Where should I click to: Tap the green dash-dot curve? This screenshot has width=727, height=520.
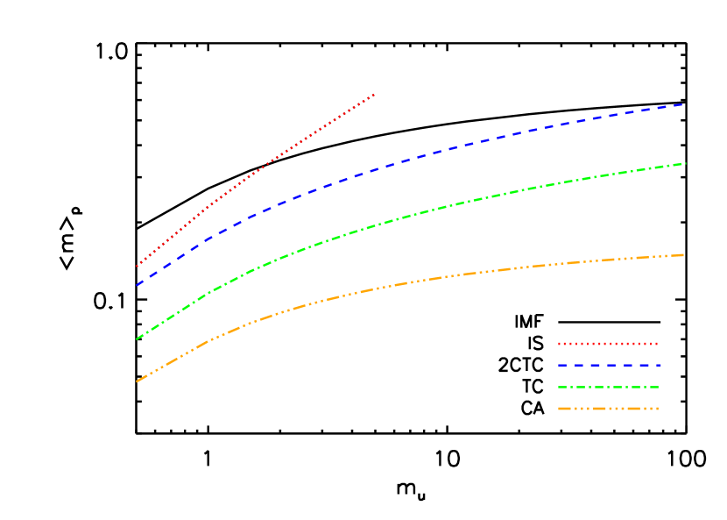click(438, 208)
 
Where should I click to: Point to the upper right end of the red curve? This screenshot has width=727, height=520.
click(374, 94)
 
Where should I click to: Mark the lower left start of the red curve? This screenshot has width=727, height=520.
click(138, 266)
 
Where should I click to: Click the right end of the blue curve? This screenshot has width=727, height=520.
click(683, 104)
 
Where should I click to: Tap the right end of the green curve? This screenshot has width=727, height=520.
click(684, 164)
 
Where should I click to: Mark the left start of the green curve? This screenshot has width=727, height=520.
click(138, 338)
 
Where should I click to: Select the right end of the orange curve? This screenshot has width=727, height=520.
click(683, 255)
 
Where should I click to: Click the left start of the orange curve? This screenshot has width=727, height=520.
click(138, 381)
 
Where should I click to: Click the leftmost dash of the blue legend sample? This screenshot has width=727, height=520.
click(561, 365)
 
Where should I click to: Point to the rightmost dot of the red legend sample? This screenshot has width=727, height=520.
click(656, 344)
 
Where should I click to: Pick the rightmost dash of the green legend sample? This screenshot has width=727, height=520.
click(653, 387)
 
